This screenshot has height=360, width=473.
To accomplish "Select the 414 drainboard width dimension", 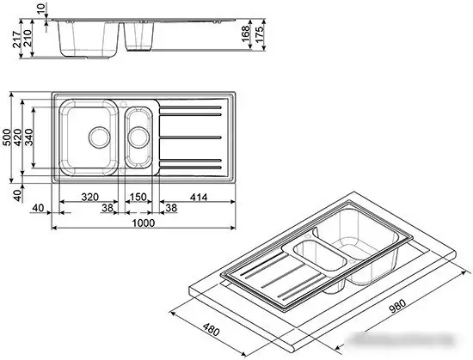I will click(198, 197).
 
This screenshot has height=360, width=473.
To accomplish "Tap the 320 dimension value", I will click(89, 197).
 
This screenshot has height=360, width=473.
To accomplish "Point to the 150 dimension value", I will click(137, 197).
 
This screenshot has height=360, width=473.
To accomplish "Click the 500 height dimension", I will click(8, 138).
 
